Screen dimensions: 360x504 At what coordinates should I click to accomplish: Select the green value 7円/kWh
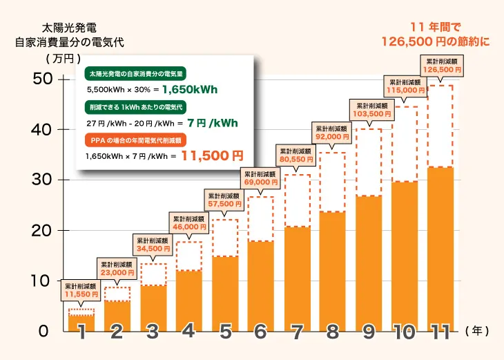click(213, 123)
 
